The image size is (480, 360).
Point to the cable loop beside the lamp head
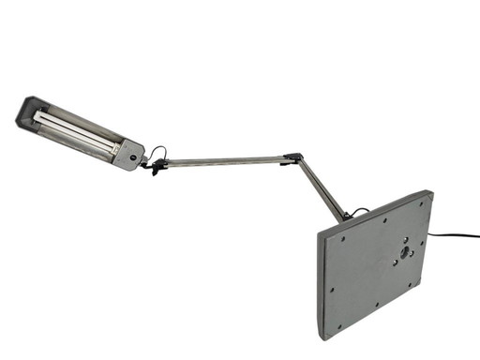(158, 154)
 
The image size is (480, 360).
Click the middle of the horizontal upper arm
(225, 162)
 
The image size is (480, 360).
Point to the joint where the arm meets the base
(347, 217)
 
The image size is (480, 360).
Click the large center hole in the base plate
(404, 251)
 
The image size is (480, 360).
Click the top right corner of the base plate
(430, 193)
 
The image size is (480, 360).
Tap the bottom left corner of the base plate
(324, 337)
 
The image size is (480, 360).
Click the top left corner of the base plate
(320, 231)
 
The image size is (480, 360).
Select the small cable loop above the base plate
(360, 212)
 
